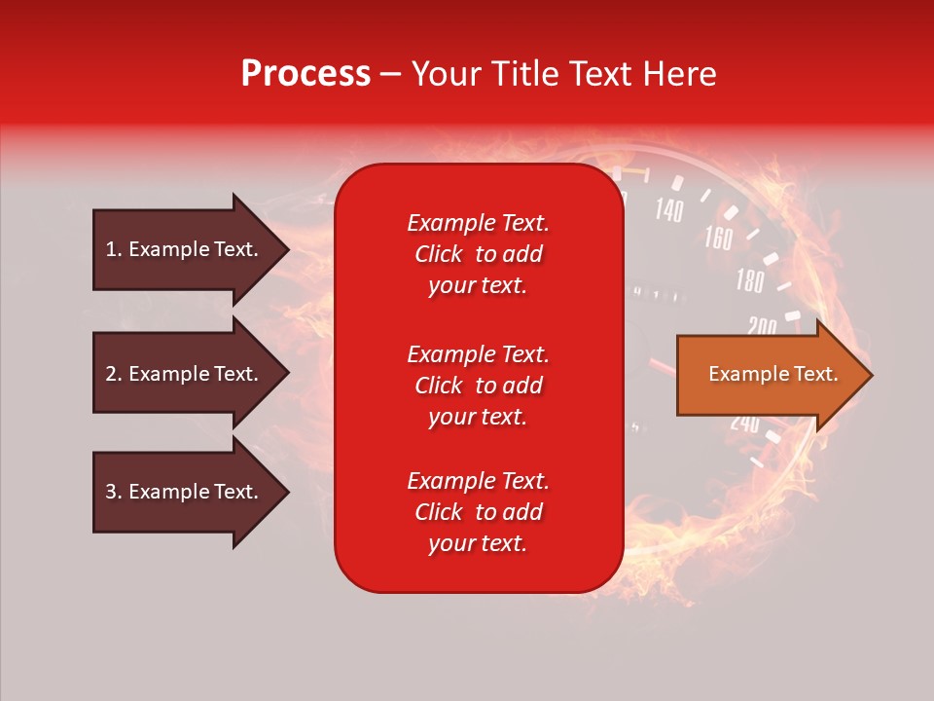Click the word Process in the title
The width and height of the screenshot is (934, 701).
pos(305,74)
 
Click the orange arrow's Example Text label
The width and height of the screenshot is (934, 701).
pos(772,374)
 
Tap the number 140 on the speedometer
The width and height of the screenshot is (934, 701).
pos(668,209)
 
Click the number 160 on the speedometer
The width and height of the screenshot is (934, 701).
pos(718,238)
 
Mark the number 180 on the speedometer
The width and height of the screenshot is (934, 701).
pos(749,282)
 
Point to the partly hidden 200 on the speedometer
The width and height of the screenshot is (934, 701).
pos(761,326)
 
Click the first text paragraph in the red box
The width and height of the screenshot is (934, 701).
pos(478,254)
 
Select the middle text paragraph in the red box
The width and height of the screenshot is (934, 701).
pos(478,385)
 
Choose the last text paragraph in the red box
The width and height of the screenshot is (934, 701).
pos(478,512)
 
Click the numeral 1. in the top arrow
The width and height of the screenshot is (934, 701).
pos(113,249)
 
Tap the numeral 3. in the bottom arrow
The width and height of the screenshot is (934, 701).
pos(113,492)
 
